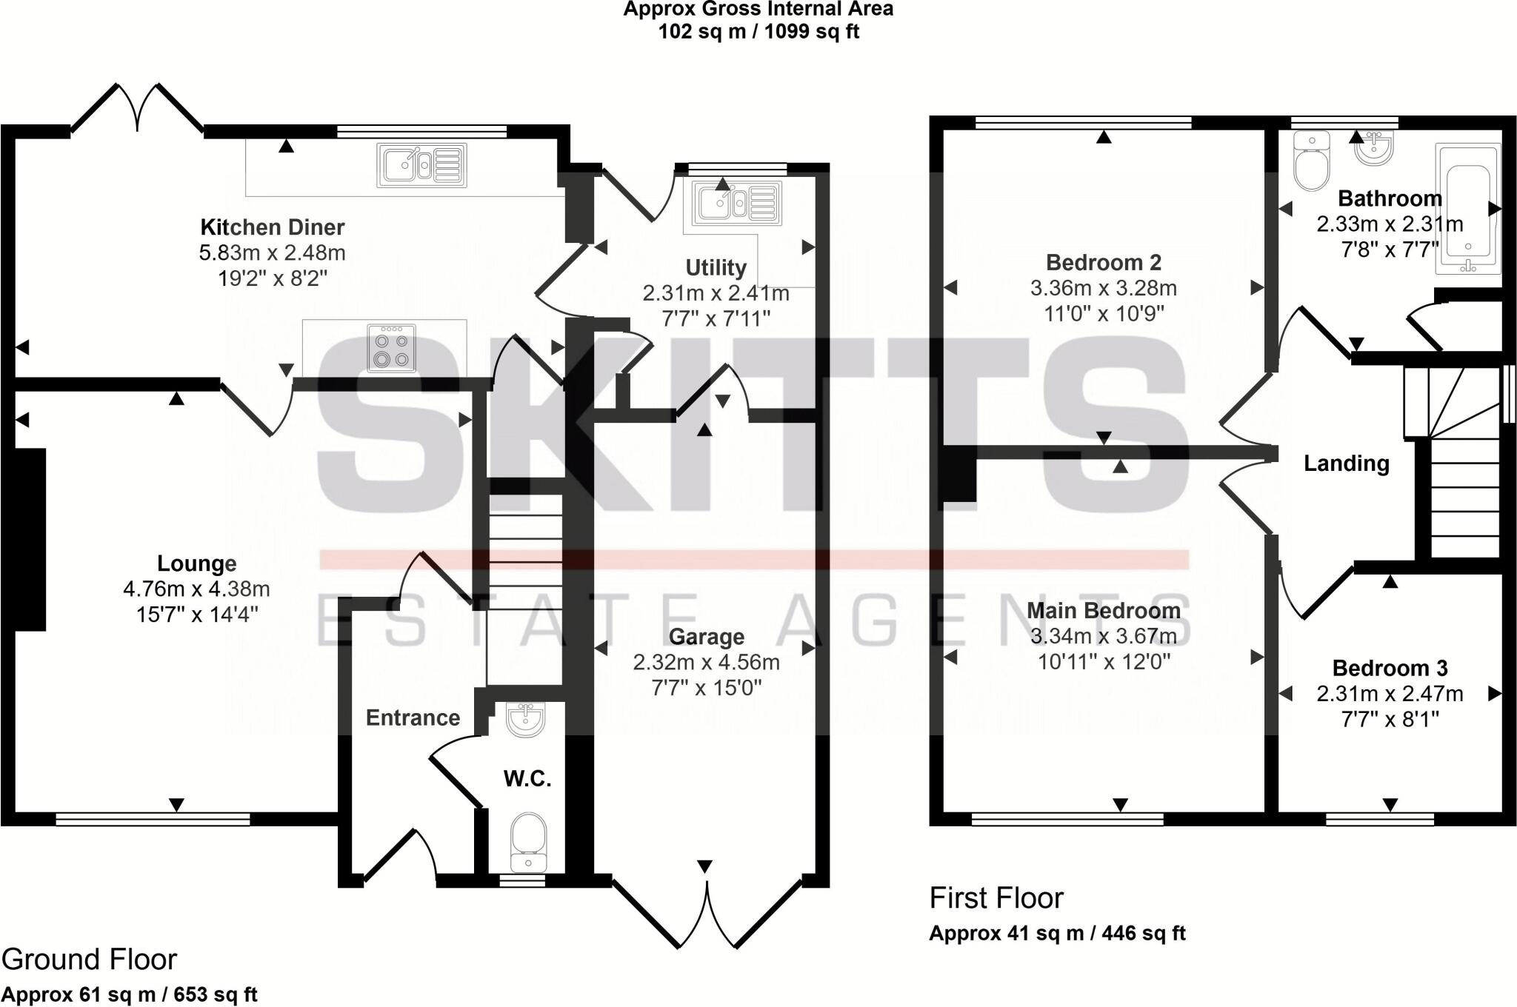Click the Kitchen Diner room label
[273, 227]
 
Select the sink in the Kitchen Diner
[422, 165]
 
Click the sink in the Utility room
[737, 203]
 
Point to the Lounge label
[196, 564]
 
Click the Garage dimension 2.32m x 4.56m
[706, 662]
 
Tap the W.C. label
[527, 778]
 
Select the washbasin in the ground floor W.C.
[525, 717]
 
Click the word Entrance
[413, 717]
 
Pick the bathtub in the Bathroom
[1467, 210]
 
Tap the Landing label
[1346, 464]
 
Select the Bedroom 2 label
[1103, 262]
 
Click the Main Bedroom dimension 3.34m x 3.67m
[1103, 636]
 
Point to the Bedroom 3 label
[1390, 669]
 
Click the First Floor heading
[996, 898]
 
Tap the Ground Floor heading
[89, 960]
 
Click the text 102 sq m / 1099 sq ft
[758, 32]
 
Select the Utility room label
[716, 267]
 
